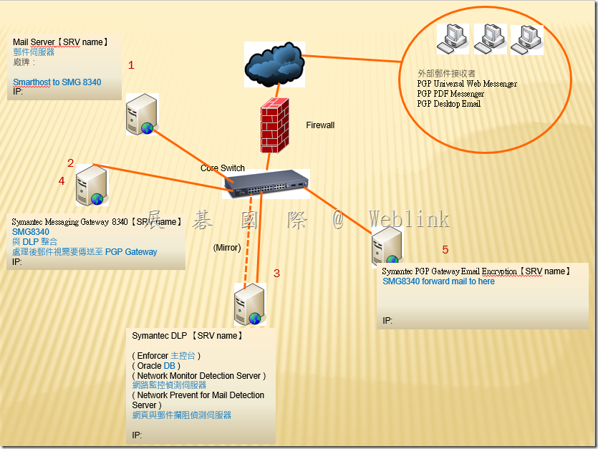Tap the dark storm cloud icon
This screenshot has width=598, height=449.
tap(273, 62)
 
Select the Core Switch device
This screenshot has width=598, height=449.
tap(266, 183)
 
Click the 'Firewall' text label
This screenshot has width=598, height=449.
tap(320, 125)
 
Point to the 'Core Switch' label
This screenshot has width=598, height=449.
tap(223, 168)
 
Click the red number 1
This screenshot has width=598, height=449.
tap(131, 65)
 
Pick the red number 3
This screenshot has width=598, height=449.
tap(277, 273)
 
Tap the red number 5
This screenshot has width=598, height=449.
tap(445, 250)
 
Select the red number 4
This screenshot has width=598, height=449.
tap(62, 181)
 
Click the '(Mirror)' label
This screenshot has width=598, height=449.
tap(227, 248)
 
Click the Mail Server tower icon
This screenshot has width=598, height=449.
tap(140, 115)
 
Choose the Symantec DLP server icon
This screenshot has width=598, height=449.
tap(249, 305)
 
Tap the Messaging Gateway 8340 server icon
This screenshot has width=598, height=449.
tap(91, 185)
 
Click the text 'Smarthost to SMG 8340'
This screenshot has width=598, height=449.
tap(57, 82)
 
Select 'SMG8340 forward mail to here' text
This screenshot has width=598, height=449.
tap(438, 281)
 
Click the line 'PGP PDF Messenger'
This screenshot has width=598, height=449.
tap(450, 94)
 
